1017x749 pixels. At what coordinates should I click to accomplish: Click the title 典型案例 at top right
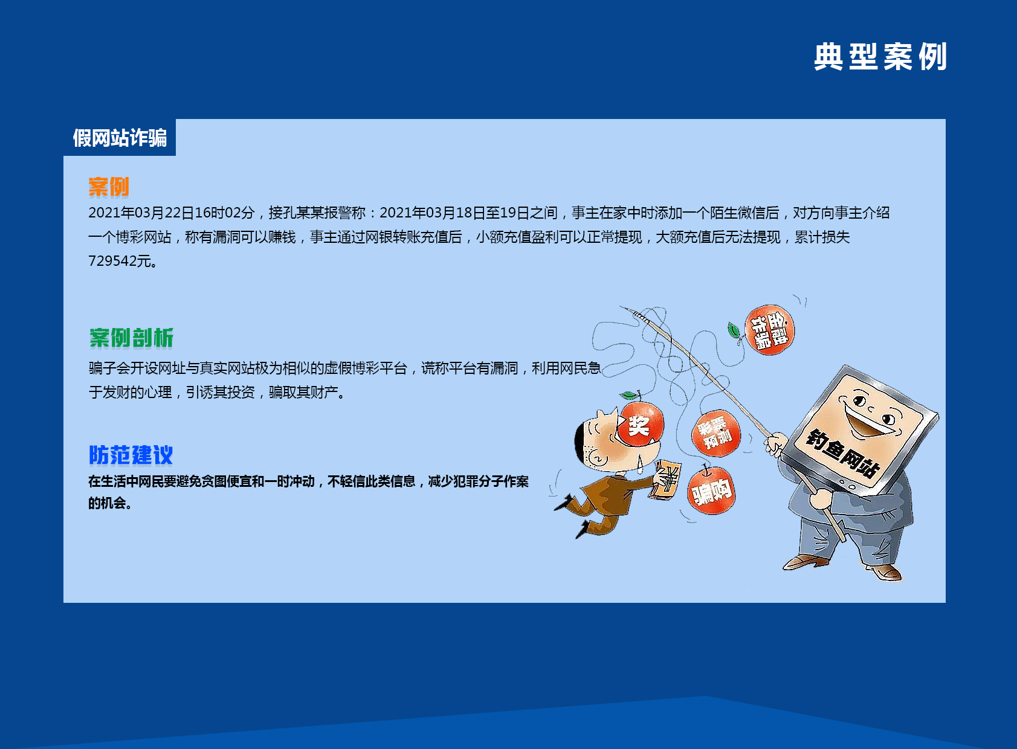pos(880,57)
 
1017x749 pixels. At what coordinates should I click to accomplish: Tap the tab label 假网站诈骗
pos(120,138)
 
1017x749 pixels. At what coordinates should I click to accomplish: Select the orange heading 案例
pos(109,187)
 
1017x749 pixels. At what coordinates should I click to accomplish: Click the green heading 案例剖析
pos(131,338)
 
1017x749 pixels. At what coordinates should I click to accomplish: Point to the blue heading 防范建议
pos(131,455)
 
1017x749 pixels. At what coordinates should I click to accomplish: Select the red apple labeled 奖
pos(641,425)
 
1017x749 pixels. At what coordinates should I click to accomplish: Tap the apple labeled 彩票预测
pos(716,433)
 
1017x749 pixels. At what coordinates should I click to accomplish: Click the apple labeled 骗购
pos(711,490)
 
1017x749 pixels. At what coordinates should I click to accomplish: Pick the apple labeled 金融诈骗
pos(770,330)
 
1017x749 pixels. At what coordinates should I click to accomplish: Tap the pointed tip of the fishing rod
pos(622,307)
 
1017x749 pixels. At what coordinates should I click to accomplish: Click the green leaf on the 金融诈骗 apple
pos(734,330)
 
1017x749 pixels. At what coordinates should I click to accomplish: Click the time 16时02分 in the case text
pos(225,213)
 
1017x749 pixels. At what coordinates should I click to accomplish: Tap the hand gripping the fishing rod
pos(775,445)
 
